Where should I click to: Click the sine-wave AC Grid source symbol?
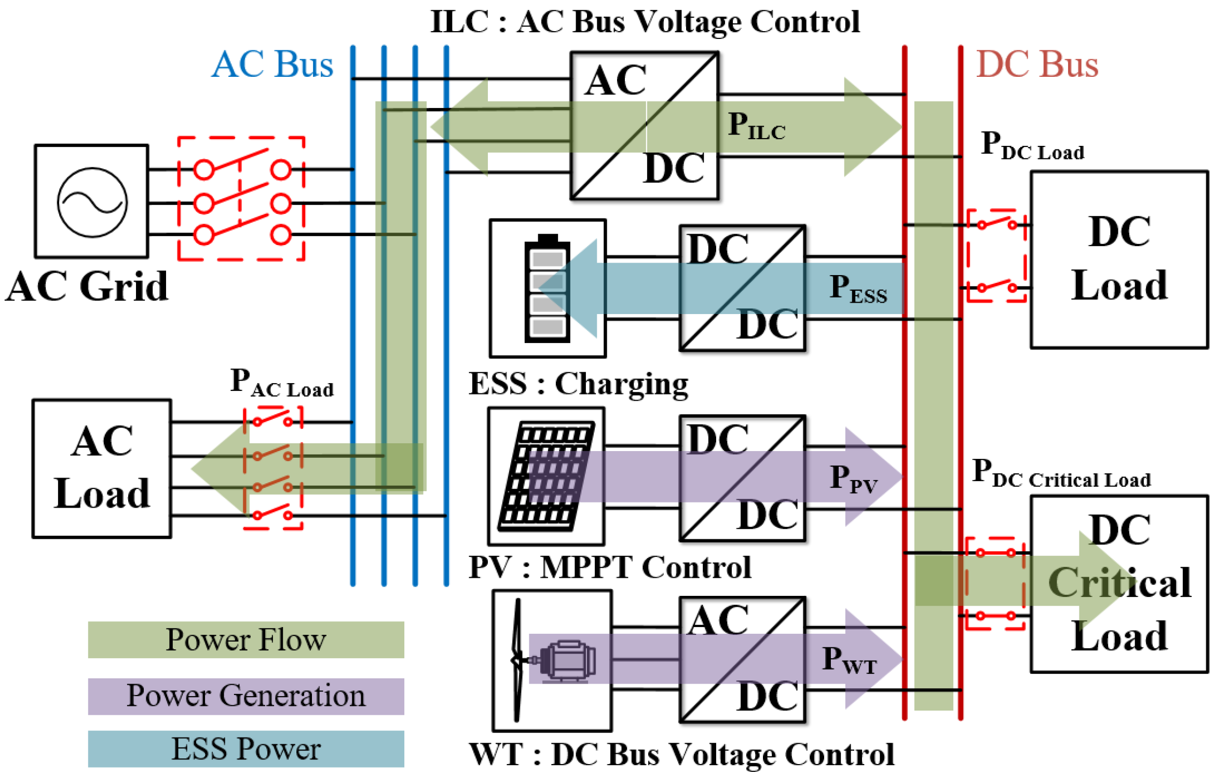92,202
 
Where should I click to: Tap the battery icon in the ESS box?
547,289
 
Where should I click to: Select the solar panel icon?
546,477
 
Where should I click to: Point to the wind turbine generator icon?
553,660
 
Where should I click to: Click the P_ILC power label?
757,126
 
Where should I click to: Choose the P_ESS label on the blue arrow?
858,289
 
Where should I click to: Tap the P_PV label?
854,479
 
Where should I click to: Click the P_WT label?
850,660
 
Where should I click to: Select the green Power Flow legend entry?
246,639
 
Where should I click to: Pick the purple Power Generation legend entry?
246,696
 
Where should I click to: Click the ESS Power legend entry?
246,748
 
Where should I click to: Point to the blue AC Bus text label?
272,64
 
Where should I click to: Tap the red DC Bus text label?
1037,64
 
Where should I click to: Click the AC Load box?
102,469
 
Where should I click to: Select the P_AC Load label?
282,383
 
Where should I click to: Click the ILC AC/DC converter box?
645,126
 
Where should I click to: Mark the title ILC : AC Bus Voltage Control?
645,22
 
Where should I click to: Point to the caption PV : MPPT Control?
610,567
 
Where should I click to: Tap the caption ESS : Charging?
579,385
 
